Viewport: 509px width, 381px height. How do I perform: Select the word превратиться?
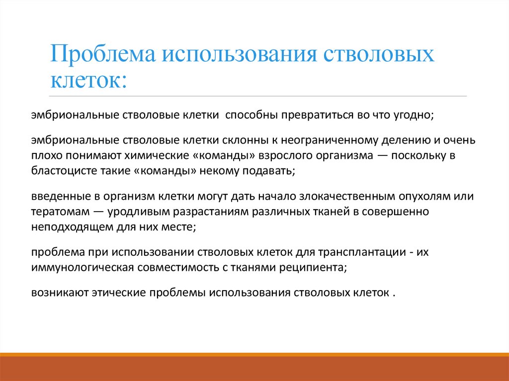click(313, 115)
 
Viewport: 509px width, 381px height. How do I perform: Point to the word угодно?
click(414, 115)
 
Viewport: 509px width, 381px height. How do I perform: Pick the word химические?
click(157, 155)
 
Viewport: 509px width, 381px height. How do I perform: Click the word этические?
click(115, 292)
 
